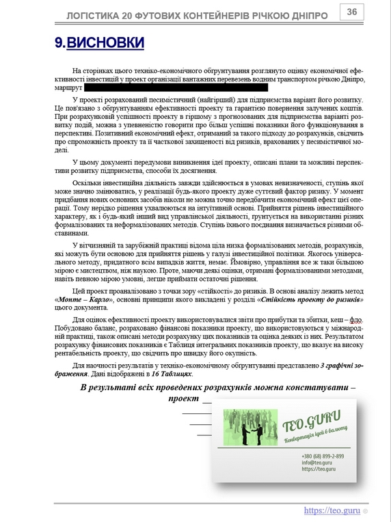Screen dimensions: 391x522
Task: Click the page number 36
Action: click(351, 12)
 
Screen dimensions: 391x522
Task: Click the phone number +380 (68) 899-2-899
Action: click(323, 456)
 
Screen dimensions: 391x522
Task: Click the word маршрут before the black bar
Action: click(68, 88)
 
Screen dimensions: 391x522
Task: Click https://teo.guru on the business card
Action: click(318, 469)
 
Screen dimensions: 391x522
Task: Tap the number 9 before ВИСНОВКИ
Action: click(59, 42)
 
